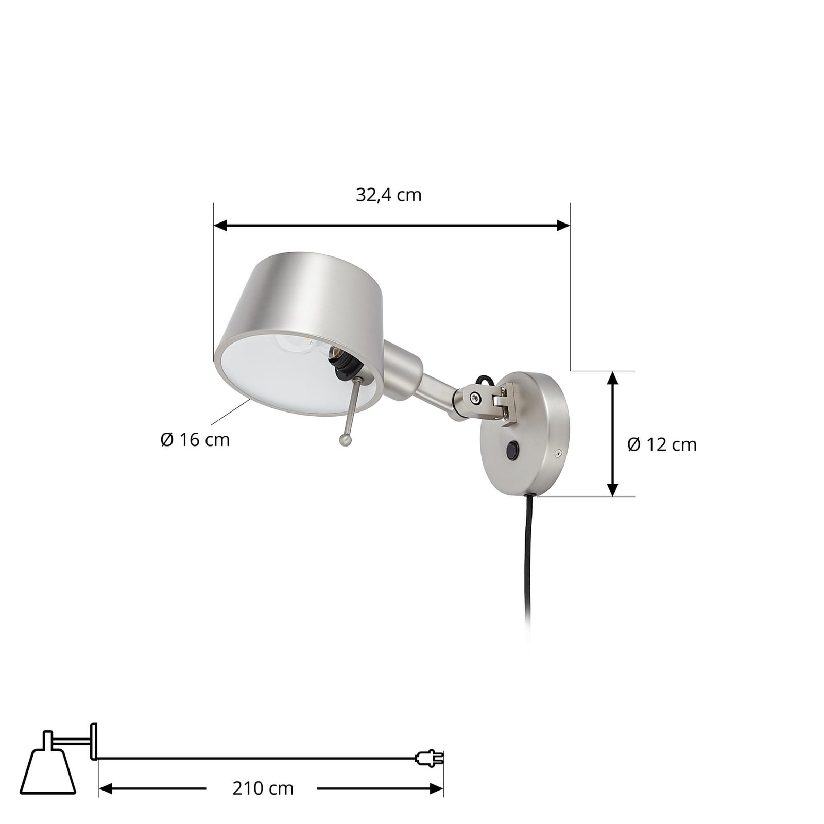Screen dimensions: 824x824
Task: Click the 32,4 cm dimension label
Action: (x=388, y=195)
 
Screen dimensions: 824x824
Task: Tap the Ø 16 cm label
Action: (x=195, y=440)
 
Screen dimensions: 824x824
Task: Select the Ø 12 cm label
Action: (x=662, y=444)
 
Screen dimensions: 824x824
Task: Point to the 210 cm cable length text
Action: (x=263, y=788)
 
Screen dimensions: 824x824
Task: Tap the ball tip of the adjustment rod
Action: (x=345, y=439)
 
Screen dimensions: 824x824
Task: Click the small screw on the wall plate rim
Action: (x=557, y=453)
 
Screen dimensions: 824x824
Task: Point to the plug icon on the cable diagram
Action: (x=429, y=758)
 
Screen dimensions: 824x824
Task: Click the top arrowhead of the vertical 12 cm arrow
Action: (x=612, y=377)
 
